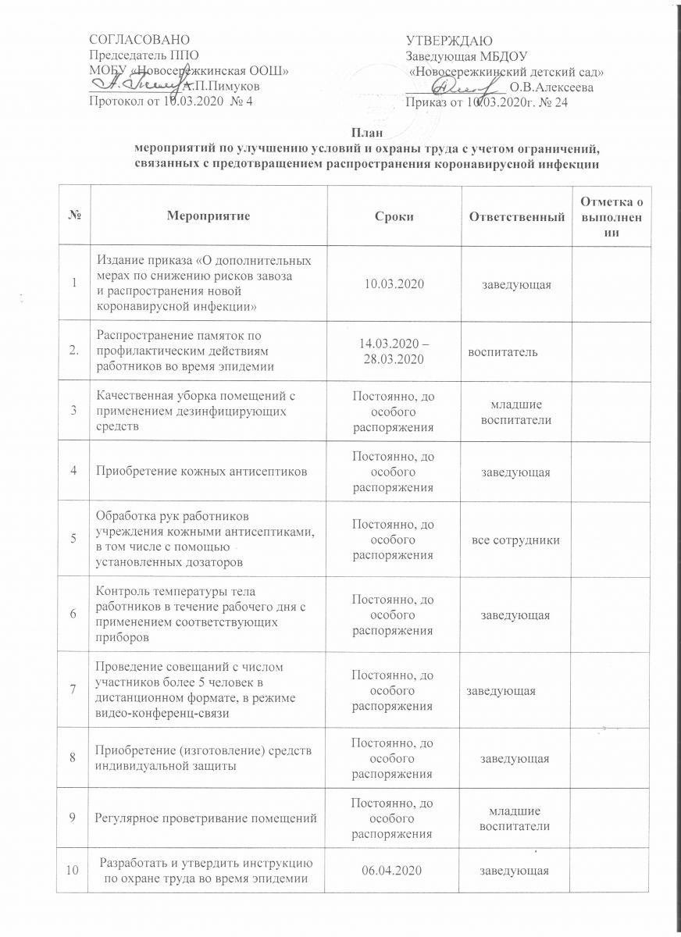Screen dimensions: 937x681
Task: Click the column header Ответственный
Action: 516,216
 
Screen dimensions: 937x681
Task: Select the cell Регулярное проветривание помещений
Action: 205,817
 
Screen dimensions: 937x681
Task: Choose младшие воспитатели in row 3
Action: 516,413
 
